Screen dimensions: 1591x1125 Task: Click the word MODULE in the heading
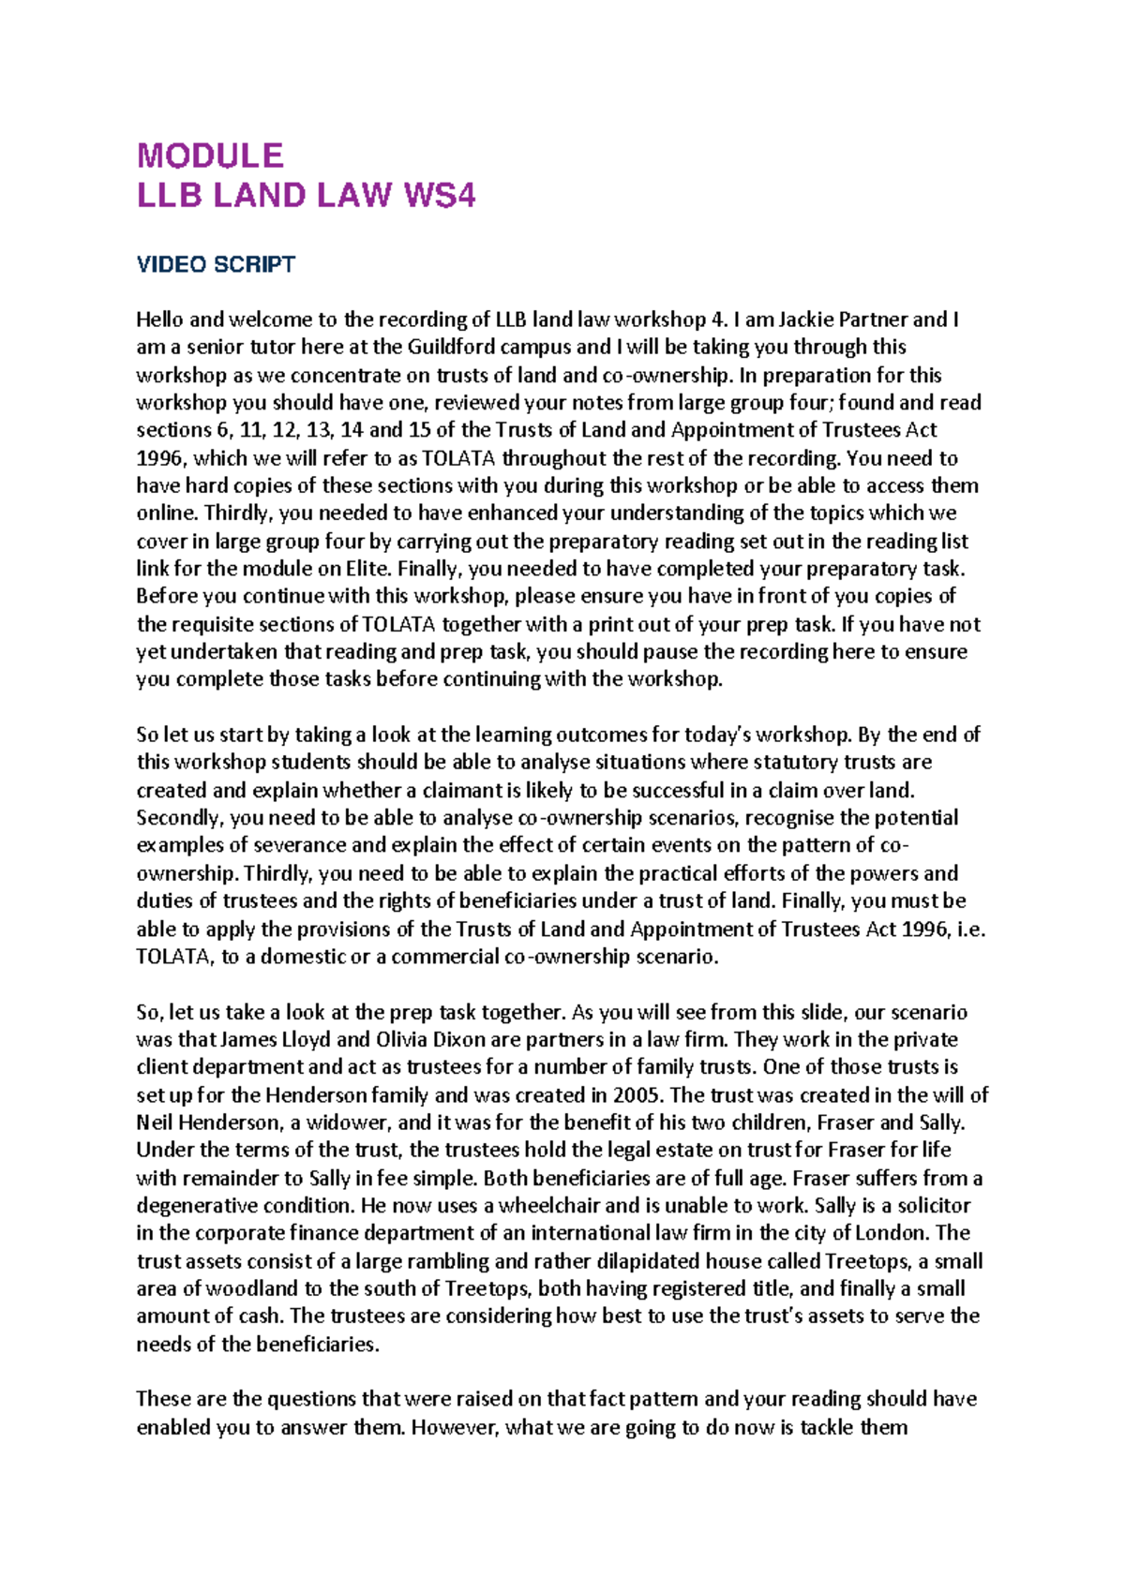pos(210,155)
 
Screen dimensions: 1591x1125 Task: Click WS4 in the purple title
pos(439,196)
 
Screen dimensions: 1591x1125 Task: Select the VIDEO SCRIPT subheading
pos(216,264)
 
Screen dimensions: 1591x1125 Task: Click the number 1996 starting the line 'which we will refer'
pos(161,458)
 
